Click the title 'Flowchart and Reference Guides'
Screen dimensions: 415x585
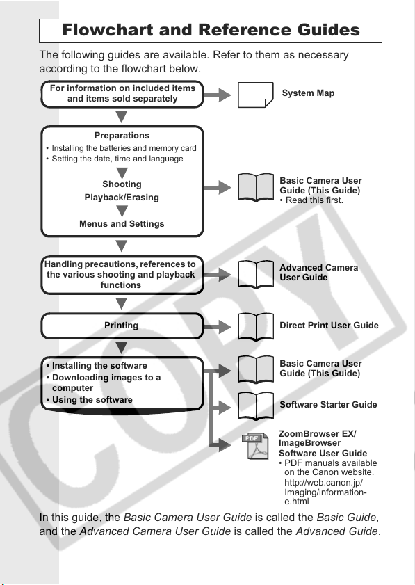[x=211, y=30]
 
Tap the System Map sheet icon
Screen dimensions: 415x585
[x=255, y=95]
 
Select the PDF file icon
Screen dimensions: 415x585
[x=255, y=446]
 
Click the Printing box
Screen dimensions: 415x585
[x=122, y=326]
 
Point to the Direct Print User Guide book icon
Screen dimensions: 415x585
[x=256, y=326]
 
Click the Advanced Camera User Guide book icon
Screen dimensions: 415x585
[x=256, y=274]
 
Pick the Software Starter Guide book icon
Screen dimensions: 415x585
[x=256, y=406]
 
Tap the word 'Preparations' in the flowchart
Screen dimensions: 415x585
[x=122, y=136]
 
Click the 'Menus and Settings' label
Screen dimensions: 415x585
[x=122, y=223]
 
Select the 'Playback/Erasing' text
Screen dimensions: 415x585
[x=122, y=198]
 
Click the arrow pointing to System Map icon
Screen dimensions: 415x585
[x=218, y=95]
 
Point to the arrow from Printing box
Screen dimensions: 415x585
[x=218, y=327]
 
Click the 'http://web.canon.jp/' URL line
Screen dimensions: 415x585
[x=324, y=483]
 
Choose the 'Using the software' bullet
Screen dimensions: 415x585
[x=89, y=399]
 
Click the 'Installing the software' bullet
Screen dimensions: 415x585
[x=97, y=366]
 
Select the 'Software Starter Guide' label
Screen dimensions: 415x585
[x=328, y=404]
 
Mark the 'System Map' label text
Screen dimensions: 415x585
[x=308, y=93]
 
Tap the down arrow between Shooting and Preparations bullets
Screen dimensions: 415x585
[x=122, y=173]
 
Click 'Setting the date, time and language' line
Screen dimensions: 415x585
[x=115, y=159]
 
